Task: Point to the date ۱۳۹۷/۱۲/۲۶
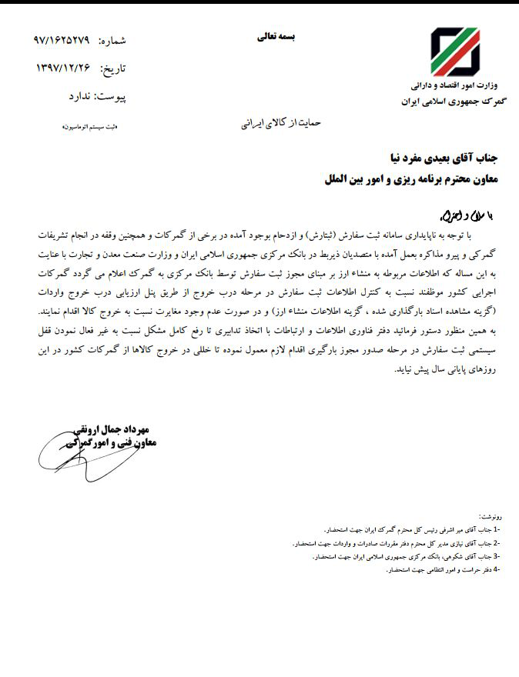[63, 68]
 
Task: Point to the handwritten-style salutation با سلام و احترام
[468, 210]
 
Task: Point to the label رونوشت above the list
[490, 518]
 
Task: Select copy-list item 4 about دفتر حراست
[444, 569]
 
